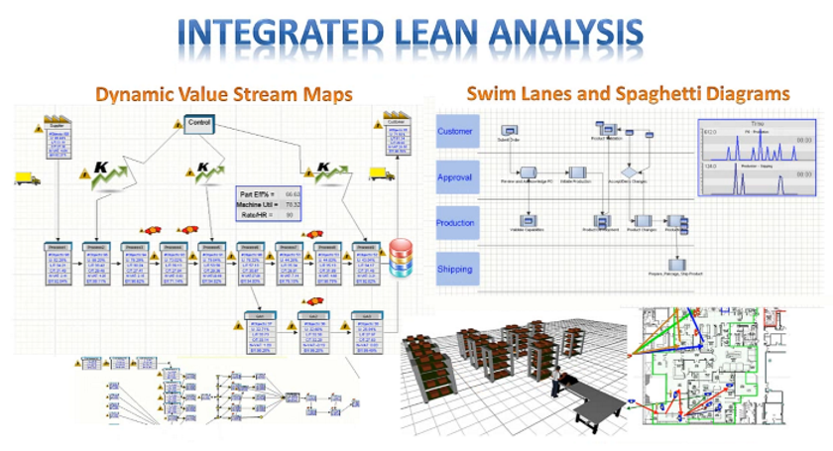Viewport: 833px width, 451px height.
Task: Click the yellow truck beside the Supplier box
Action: [27, 178]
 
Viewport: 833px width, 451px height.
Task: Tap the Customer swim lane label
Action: [456, 131]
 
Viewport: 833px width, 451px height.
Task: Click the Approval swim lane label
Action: [456, 177]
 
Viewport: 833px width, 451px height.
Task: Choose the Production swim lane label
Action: [456, 223]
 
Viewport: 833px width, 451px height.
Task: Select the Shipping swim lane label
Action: [456, 269]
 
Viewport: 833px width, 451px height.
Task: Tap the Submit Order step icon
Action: [509, 130]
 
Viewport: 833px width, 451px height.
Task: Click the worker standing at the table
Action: [558, 380]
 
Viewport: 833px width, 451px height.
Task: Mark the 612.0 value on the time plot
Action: [710, 132]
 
